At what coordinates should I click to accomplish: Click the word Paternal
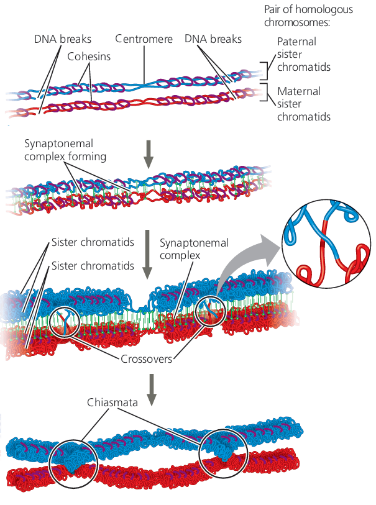click(x=297, y=42)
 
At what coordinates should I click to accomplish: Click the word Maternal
click(x=298, y=91)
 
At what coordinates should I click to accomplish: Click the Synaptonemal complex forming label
click(x=65, y=150)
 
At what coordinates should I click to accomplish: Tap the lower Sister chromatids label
click(x=93, y=266)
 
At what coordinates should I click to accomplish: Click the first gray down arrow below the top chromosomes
click(x=149, y=155)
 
